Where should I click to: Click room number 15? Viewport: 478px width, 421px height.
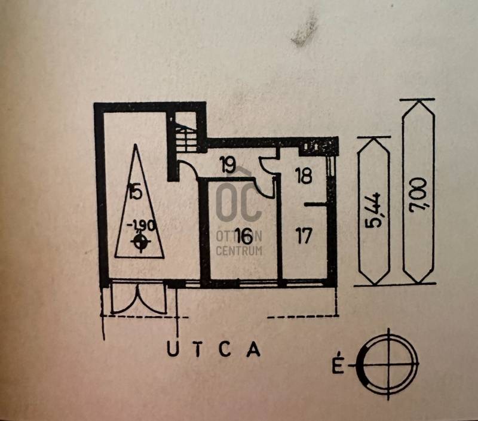click(x=134, y=192)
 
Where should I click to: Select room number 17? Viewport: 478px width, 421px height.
click(x=304, y=236)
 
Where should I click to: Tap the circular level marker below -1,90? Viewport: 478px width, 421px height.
click(x=142, y=242)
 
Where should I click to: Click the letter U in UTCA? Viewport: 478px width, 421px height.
click(x=171, y=349)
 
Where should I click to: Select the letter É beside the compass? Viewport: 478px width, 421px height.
click(x=339, y=365)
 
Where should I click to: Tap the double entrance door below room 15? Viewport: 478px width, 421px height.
click(x=137, y=298)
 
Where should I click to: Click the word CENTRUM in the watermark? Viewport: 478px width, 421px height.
click(x=238, y=251)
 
